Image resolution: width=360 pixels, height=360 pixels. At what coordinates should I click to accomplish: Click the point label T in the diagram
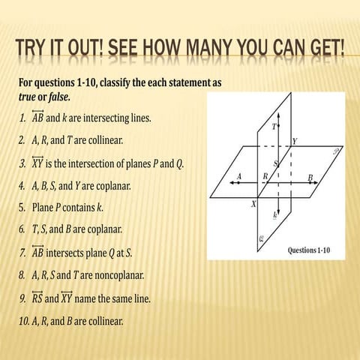[x=274, y=127]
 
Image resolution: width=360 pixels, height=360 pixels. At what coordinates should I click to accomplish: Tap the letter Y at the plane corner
[x=295, y=142]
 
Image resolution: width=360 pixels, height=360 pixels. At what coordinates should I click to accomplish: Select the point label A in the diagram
[x=239, y=176]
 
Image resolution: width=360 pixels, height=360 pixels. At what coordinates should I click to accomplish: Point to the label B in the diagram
[x=310, y=178]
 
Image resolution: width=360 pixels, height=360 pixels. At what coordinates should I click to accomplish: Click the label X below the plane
[x=253, y=204]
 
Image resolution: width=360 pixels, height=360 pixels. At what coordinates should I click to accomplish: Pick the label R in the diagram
[x=265, y=176]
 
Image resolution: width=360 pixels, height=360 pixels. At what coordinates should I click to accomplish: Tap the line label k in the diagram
[x=275, y=214]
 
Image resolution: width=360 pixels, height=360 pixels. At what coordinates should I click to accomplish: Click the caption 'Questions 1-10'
[x=309, y=250]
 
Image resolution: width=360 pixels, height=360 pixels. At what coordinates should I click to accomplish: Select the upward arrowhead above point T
[x=279, y=115]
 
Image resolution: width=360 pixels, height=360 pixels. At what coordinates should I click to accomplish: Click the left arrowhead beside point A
[x=232, y=183]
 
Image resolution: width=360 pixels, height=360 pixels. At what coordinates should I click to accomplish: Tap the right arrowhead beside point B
[x=315, y=183]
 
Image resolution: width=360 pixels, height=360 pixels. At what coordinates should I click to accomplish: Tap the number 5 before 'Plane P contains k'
[x=22, y=208]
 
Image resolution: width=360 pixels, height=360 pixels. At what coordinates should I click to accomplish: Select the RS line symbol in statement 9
[x=37, y=297]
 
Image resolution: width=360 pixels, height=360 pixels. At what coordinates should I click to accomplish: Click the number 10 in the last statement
[x=25, y=321]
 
